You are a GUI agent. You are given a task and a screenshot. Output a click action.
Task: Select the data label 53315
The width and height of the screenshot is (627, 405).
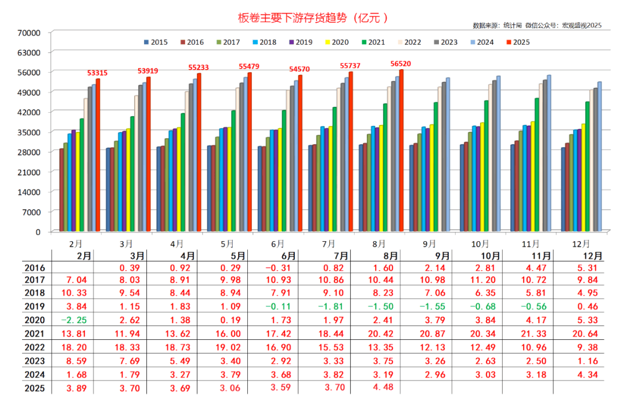click(97, 73)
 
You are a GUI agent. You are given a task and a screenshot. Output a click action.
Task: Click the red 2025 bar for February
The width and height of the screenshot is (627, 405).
click(98, 155)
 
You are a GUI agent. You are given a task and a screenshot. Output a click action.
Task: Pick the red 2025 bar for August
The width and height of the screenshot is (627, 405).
click(401, 150)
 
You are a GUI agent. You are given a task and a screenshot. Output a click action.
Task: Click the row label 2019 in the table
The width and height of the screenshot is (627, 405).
click(35, 306)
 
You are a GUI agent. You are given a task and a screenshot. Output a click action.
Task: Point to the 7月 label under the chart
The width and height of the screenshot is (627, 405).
click(329, 243)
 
